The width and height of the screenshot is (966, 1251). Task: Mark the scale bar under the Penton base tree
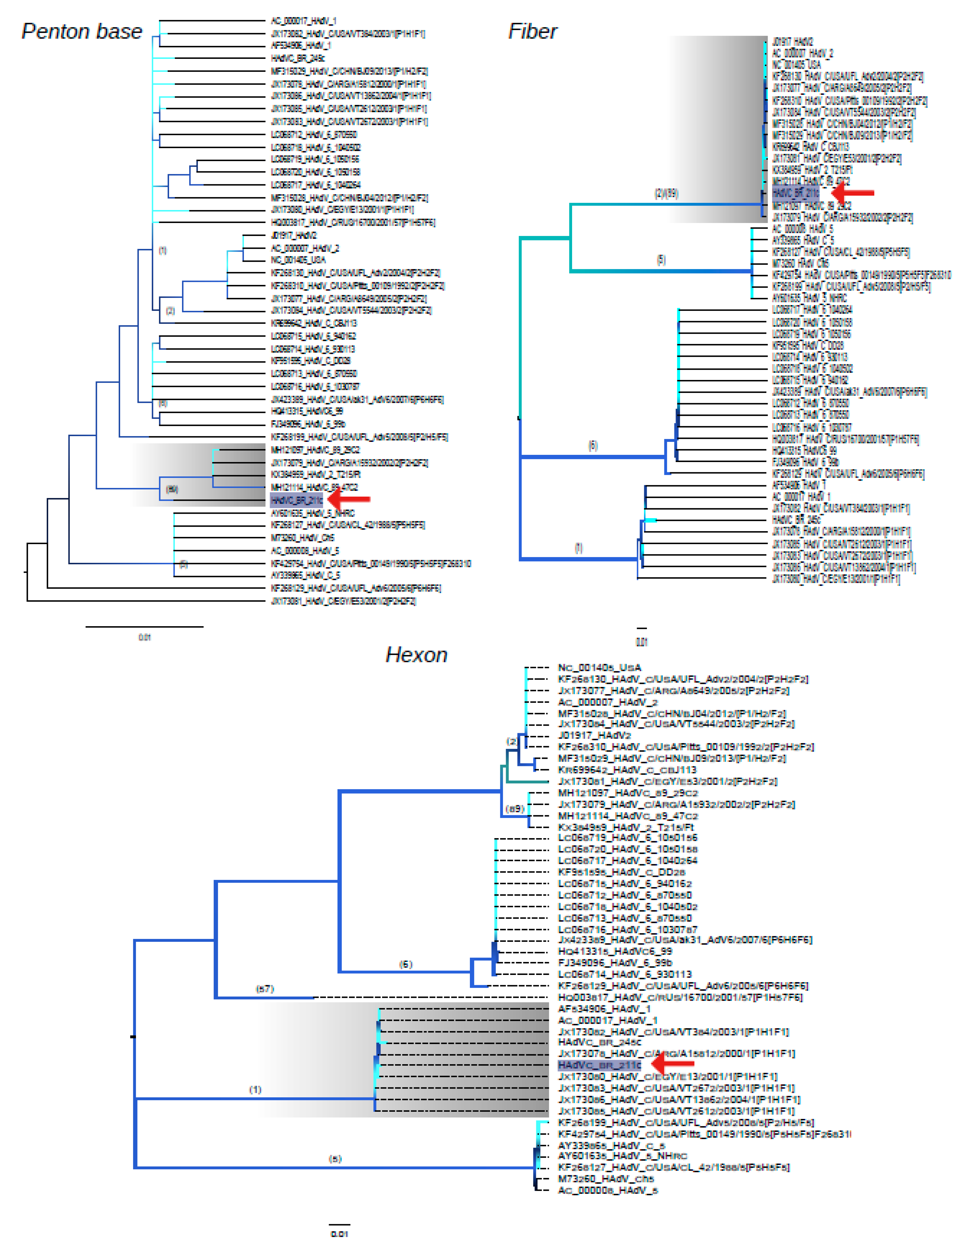pyautogui.click(x=144, y=627)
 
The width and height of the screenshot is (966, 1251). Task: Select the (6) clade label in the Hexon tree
pyautogui.click(x=406, y=964)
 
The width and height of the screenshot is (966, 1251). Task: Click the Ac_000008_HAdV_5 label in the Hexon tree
pyautogui.click(x=607, y=1190)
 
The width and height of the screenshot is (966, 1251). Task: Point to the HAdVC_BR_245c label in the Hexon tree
pyautogui.click(x=599, y=1042)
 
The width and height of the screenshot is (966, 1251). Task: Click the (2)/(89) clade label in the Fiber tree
pyautogui.click(x=667, y=194)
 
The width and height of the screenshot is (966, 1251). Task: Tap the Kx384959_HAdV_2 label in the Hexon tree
pyautogui.click(x=626, y=827)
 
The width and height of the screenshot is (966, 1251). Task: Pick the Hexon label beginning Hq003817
pyautogui.click(x=680, y=997)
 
